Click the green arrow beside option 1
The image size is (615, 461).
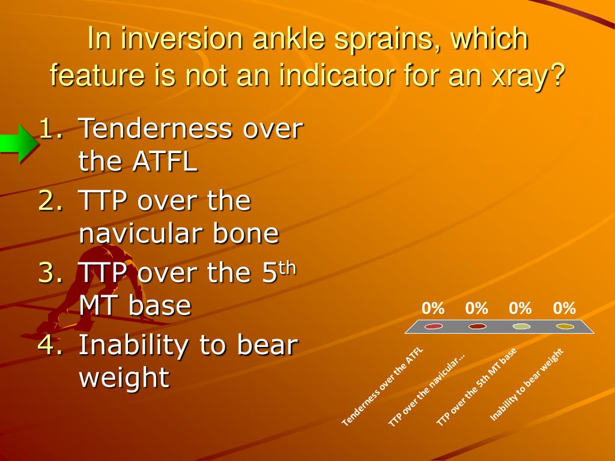pyautogui.click(x=19, y=143)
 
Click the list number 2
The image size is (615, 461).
pyautogui.click(x=50, y=200)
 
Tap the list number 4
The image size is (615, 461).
pyautogui.click(x=50, y=344)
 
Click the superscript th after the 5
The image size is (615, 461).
pyautogui.click(x=288, y=268)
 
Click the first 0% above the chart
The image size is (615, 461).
pyautogui.click(x=433, y=309)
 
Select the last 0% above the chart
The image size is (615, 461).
pyautogui.click(x=565, y=309)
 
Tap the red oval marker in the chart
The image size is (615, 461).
pyautogui.click(x=434, y=326)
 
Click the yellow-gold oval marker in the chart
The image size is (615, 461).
pyautogui.click(x=565, y=326)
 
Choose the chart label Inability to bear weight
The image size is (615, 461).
pyautogui.click(x=527, y=385)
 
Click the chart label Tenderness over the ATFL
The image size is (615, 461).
pyautogui.click(x=383, y=387)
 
